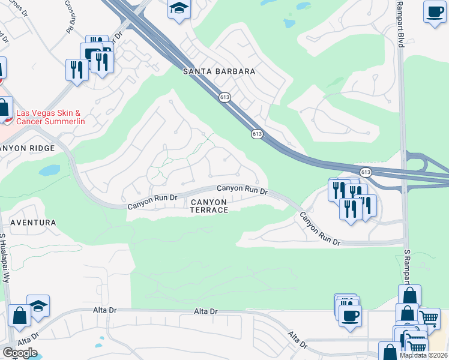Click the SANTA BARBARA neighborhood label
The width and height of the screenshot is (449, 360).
218,71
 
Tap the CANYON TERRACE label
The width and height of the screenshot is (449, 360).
209,206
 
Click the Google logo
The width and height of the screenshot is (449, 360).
20,352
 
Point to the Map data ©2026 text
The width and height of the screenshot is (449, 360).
424,355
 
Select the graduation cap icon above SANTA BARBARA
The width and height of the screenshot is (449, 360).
179,9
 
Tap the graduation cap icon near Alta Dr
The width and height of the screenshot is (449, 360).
38,306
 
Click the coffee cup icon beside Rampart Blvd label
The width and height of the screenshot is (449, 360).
434,11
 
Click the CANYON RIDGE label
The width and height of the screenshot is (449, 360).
28,148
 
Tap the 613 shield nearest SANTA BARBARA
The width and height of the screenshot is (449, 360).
225,97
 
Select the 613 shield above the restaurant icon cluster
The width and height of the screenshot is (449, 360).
366,172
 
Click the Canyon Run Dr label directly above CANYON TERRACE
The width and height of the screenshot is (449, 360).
242,189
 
